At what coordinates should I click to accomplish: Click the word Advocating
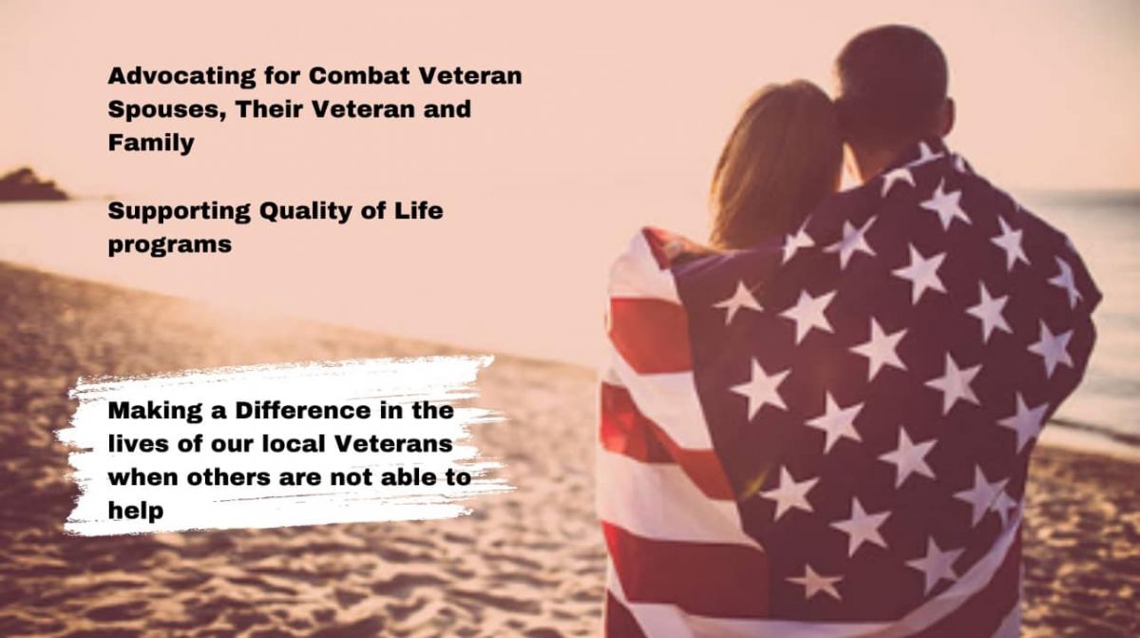pos(181,77)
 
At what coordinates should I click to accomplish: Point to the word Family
pos(151,144)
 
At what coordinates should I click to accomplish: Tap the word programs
pos(169,245)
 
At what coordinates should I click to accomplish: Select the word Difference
pos(302,411)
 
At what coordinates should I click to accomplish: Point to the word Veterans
pos(393,444)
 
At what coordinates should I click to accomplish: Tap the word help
pos(136,511)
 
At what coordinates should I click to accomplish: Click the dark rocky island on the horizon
pos(30,185)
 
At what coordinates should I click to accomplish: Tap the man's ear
pos(947,114)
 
